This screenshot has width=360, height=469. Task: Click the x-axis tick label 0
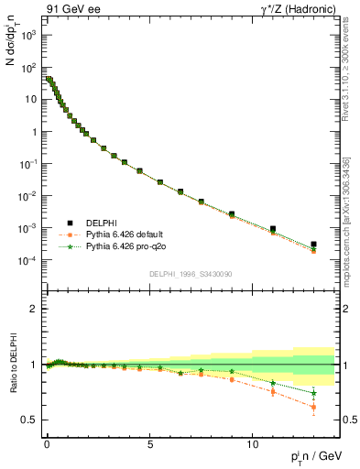47,442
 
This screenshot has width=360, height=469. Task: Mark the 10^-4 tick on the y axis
27,260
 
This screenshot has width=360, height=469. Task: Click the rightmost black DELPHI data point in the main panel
313,245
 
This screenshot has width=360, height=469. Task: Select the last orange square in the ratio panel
313,405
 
